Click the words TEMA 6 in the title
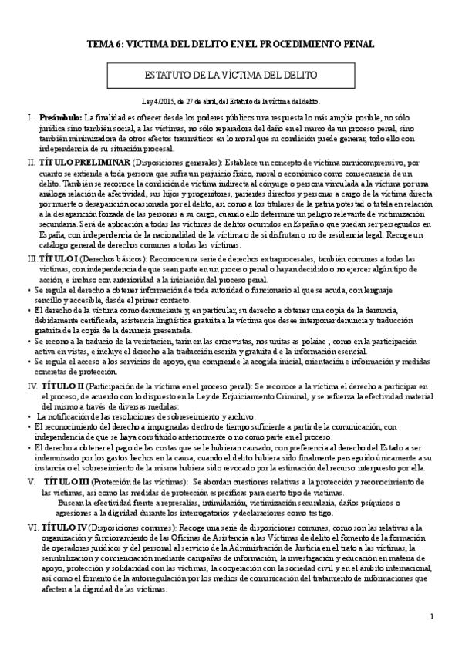(103, 44)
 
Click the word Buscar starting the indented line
(70, 480)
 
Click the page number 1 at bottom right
(433, 616)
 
